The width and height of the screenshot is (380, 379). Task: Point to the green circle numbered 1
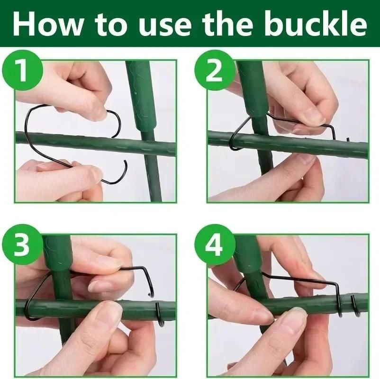pos(23,70)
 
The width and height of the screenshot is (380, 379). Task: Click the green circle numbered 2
pos(215,70)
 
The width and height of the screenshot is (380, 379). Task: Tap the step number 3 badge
pos(23,244)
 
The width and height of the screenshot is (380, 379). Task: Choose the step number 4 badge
pos(215,244)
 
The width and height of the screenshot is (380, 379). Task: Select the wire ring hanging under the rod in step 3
pos(160,315)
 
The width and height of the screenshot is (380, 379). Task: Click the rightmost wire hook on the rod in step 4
pos(356,306)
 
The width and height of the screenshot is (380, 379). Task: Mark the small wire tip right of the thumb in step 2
pos(348,140)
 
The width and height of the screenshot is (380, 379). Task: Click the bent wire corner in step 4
pos(335,284)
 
